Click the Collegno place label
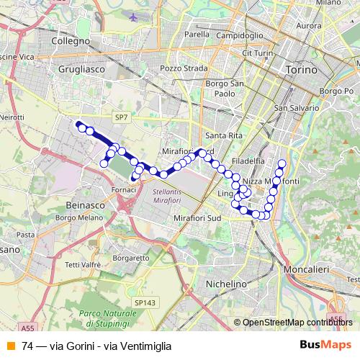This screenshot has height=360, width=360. tap(71, 42)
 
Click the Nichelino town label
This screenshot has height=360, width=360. tap(226, 284)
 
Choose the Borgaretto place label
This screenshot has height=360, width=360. tap(131, 257)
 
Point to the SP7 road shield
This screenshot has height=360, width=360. tap(121, 115)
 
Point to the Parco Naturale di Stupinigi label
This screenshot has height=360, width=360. tap(109, 316)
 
